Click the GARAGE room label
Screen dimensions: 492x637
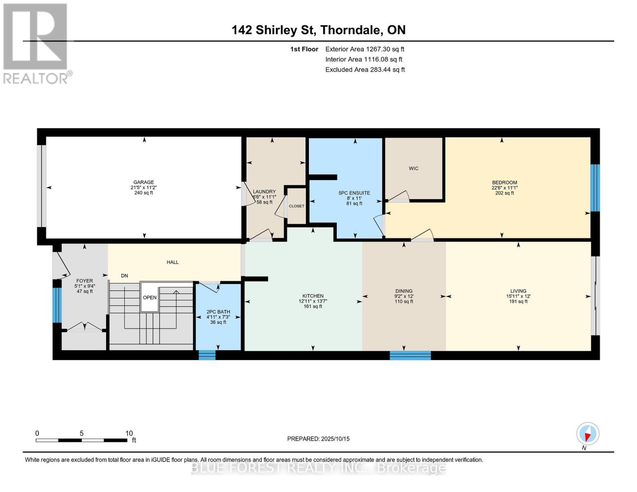(143, 182)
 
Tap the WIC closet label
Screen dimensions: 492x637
(413, 169)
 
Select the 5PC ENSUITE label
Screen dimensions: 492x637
(354, 193)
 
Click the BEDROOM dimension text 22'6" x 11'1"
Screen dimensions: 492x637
(505, 188)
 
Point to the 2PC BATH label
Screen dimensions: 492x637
(218, 312)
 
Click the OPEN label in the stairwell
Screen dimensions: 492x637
(150, 297)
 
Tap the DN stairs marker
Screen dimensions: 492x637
(124, 276)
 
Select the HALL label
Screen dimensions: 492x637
(172, 262)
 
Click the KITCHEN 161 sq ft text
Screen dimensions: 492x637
(313, 306)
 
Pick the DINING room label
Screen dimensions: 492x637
(404, 291)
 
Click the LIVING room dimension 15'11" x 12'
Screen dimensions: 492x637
(518, 296)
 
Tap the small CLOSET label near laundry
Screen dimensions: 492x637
(296, 206)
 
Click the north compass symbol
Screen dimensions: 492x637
(587, 434)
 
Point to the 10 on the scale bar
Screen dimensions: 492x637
(129, 433)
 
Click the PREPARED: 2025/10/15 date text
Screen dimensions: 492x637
(318, 439)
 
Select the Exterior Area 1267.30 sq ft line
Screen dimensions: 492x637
(365, 49)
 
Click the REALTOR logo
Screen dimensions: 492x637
(36, 43)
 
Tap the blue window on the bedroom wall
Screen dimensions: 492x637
(595, 188)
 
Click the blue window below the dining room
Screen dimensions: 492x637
(410, 355)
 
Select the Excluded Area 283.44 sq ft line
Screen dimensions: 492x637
(365, 70)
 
